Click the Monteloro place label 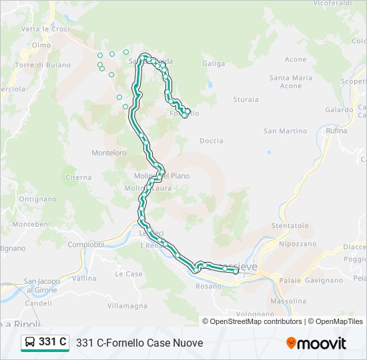pos(109,153)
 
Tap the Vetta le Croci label pos(45,29)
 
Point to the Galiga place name pos(214,64)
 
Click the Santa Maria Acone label pos(290,81)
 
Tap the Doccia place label pos(211,141)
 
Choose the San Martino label pos(285,131)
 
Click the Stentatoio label pos(290,225)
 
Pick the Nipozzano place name pos(298,244)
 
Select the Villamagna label pos(127,305)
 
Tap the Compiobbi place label pos(86,245)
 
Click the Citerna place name pos(79,177)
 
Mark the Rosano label pos(208,286)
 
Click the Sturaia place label pos(246,99)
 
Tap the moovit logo pos(316,343)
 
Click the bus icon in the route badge pos(31,343)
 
